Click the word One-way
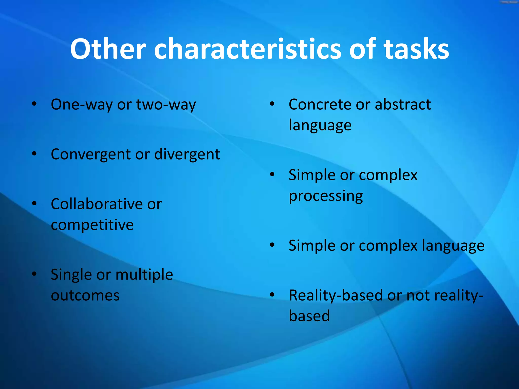[81, 104]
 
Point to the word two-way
[166, 104]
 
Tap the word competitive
[92, 225]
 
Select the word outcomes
[85, 295]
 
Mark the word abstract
[403, 104]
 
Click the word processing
[326, 196]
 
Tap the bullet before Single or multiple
[34, 274]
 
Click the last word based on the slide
[309, 316]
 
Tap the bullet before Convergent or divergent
[34, 153]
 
